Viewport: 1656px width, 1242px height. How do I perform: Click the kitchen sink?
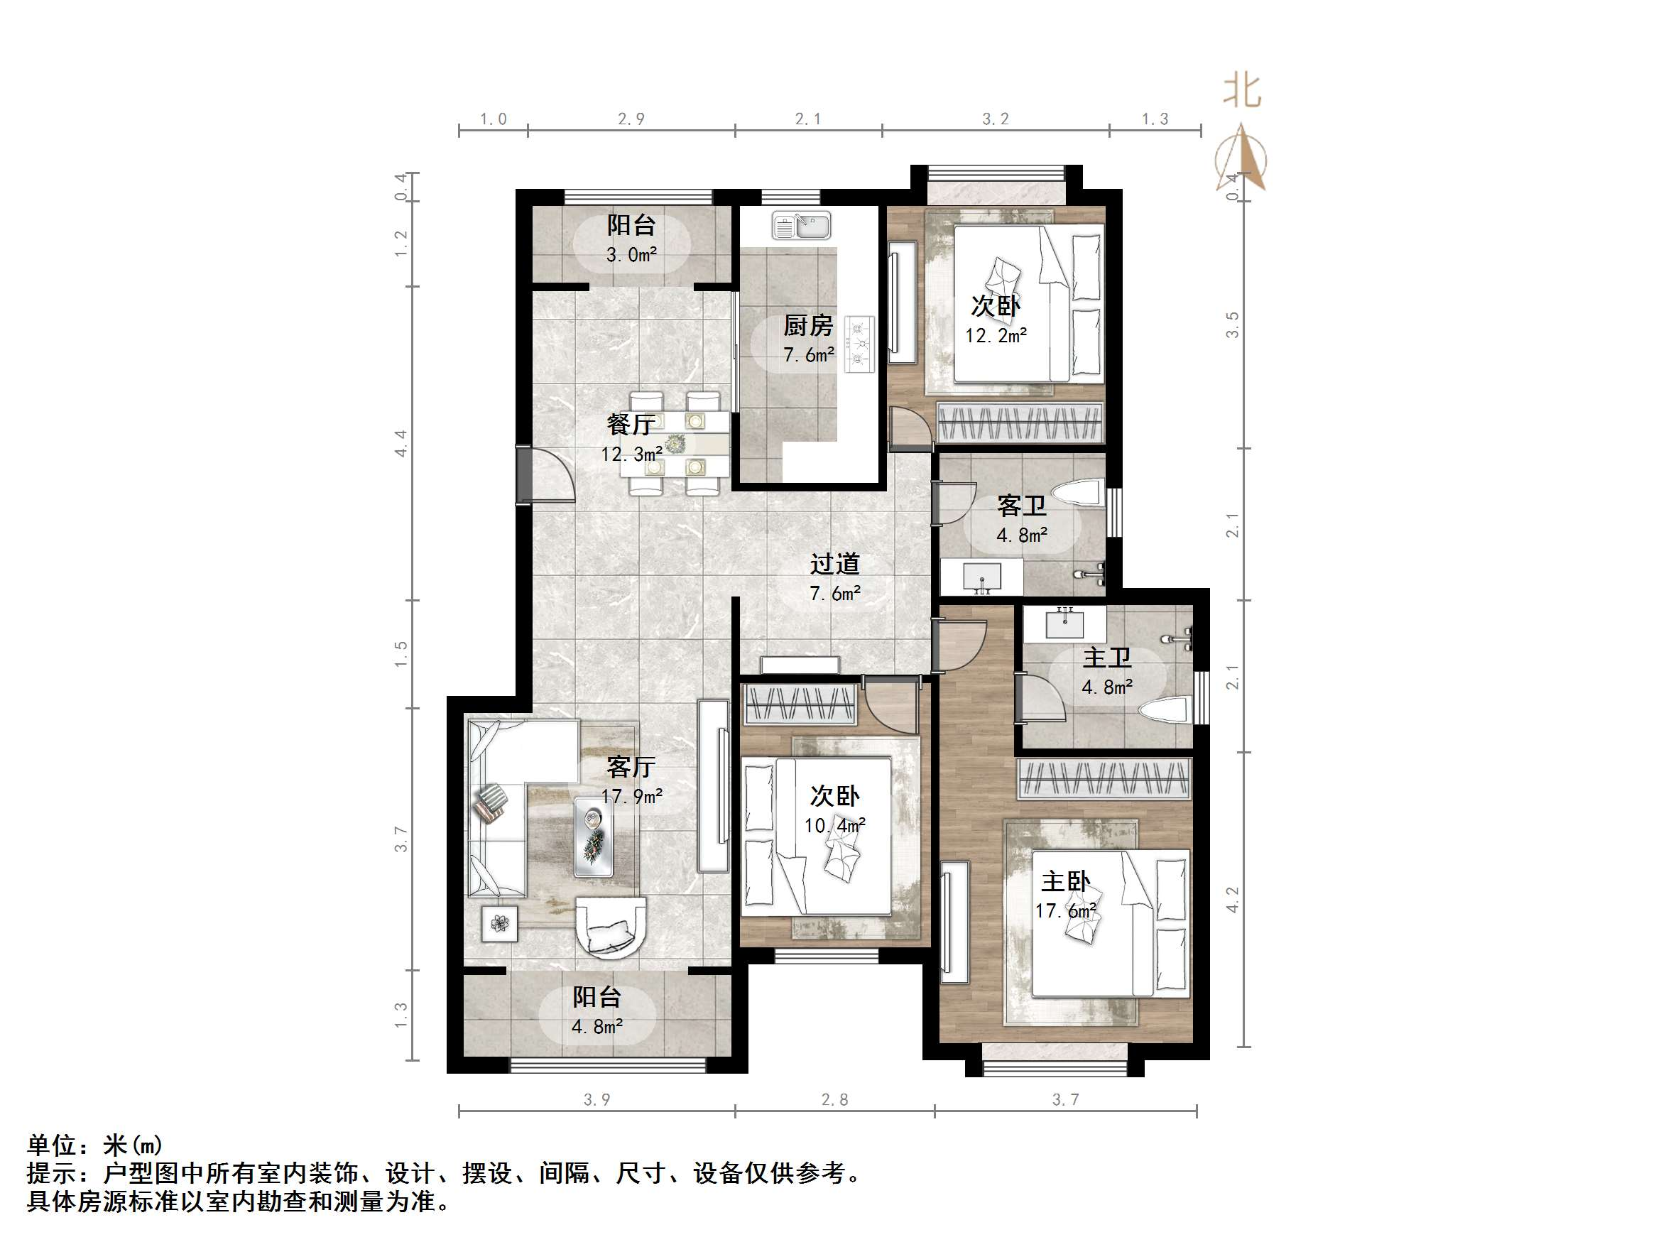(x=801, y=225)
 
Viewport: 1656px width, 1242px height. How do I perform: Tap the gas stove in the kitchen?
(x=859, y=345)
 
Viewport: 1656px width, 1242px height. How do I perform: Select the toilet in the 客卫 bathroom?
(x=1078, y=494)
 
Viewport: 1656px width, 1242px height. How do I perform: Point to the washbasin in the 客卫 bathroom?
(x=981, y=578)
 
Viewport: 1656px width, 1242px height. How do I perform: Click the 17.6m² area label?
(x=1065, y=911)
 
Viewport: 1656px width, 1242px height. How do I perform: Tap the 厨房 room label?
(x=808, y=326)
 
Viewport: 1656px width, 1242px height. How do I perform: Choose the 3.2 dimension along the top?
(x=995, y=119)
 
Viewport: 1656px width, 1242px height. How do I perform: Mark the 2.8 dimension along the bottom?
(x=834, y=1099)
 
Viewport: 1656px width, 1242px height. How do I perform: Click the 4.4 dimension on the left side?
(x=401, y=443)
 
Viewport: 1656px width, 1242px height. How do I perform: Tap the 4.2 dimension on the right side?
(x=1232, y=899)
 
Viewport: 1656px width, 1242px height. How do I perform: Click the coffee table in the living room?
(x=593, y=837)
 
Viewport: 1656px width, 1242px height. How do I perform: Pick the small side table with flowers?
(x=499, y=924)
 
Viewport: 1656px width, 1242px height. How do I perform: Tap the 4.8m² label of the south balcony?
(x=597, y=1026)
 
